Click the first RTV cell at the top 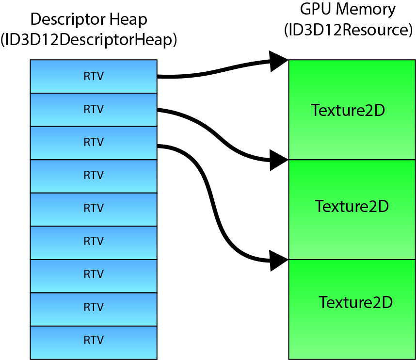94,76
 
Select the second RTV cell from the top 94,110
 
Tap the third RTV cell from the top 94,143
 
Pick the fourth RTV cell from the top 94,176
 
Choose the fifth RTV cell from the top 94,209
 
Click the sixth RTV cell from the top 94,242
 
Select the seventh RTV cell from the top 94,275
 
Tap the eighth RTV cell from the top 94,308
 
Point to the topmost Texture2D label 348,111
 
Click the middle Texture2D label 352,207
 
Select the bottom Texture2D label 355,303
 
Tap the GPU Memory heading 348,10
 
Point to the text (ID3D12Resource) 348,30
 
